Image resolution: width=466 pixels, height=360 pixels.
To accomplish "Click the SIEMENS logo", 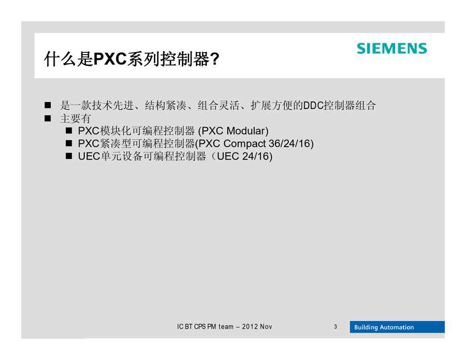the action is pyautogui.click(x=392, y=48).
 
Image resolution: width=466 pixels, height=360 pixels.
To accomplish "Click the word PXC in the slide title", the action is pyautogui.click(x=110, y=59).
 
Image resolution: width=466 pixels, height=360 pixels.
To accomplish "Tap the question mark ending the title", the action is pyautogui.click(x=215, y=59).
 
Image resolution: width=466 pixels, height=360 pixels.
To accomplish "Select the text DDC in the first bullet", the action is pyautogui.click(x=313, y=105).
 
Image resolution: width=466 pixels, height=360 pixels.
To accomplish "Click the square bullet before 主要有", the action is pyautogui.click(x=48, y=119).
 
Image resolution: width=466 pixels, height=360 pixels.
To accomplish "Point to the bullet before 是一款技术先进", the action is pyautogui.click(x=48, y=105).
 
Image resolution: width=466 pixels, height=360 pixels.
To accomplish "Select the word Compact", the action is pyautogui.click(x=244, y=144).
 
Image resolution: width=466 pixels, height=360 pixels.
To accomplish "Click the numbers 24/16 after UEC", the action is pyautogui.click(x=256, y=156).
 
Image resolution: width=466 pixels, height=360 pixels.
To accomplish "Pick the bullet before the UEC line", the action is pyautogui.click(x=69, y=156).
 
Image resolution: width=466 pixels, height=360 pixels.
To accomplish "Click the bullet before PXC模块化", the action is pyautogui.click(x=69, y=131).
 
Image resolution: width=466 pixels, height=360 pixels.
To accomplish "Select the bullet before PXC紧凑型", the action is pyautogui.click(x=69, y=144).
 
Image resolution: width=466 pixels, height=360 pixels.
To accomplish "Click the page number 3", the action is pyautogui.click(x=335, y=327).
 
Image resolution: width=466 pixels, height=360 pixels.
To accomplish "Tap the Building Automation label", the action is pyautogui.click(x=384, y=327).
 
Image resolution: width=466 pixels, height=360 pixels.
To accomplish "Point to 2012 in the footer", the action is pyautogui.click(x=249, y=327).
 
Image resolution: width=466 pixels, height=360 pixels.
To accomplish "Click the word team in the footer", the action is pyautogui.click(x=226, y=327).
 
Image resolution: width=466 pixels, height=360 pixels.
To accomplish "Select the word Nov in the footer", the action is pyautogui.click(x=266, y=327).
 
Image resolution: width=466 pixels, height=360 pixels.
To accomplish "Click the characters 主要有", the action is pyautogui.click(x=75, y=119).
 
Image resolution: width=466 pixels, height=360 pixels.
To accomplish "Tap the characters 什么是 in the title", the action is pyautogui.click(x=69, y=59).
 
